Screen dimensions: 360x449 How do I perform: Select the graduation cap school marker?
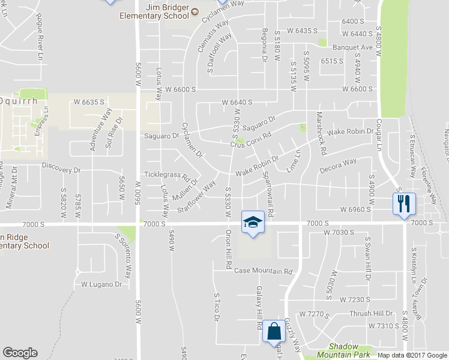(x=253, y=223)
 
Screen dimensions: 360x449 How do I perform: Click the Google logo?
(x=20, y=353)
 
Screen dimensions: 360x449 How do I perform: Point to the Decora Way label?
(x=338, y=165)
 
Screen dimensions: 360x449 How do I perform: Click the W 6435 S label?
(x=302, y=30)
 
